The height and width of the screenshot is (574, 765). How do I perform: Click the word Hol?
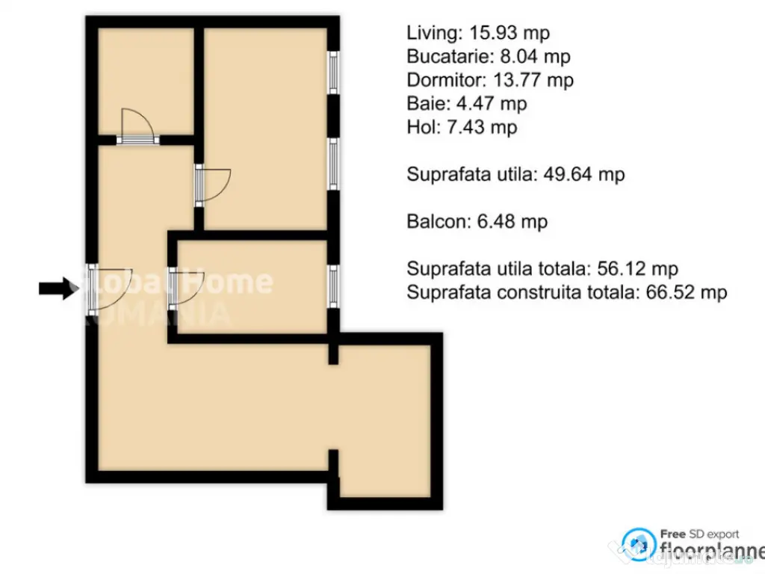tap(420, 127)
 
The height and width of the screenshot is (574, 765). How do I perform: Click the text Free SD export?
tap(699, 534)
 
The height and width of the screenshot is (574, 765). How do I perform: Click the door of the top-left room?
tap(137, 125)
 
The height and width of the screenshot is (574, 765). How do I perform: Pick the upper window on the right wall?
tap(334, 72)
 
